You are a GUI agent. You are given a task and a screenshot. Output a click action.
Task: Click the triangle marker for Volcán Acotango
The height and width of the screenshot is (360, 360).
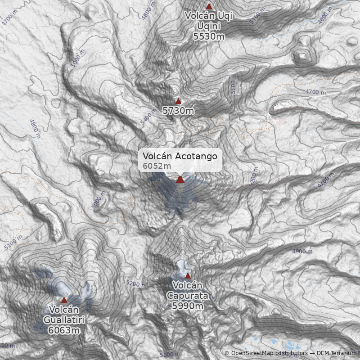click(180, 179)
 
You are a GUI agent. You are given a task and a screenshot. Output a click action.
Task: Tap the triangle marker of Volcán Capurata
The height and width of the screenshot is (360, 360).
click(188, 275)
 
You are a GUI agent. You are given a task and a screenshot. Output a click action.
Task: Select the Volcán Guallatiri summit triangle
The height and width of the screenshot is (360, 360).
click(64, 300)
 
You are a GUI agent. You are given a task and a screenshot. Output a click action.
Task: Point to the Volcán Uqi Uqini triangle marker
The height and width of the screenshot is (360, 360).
click(209, 6)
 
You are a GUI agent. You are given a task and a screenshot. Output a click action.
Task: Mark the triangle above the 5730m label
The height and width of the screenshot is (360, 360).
click(178, 101)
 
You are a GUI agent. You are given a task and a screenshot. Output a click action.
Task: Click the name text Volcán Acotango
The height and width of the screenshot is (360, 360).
click(180, 156)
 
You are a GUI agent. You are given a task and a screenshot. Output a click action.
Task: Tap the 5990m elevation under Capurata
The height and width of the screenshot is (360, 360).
click(188, 306)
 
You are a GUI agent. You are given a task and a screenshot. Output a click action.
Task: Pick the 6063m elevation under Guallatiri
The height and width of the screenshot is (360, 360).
click(64, 330)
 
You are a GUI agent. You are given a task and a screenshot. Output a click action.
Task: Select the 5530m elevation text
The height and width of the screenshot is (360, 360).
click(209, 36)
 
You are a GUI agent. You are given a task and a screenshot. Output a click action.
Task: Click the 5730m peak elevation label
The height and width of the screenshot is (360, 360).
click(178, 110)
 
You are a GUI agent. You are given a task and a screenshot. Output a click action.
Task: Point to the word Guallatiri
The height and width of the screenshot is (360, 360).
click(64, 320)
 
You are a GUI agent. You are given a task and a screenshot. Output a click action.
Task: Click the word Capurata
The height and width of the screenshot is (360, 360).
click(188, 296)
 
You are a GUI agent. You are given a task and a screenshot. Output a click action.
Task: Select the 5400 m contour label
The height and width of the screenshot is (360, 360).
click(148, 119)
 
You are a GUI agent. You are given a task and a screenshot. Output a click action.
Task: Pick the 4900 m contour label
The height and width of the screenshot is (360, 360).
click(302, 251)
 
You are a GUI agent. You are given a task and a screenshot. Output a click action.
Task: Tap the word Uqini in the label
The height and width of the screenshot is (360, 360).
click(209, 26)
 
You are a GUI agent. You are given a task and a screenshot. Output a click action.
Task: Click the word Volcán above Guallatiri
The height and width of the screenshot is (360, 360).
click(64, 310)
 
